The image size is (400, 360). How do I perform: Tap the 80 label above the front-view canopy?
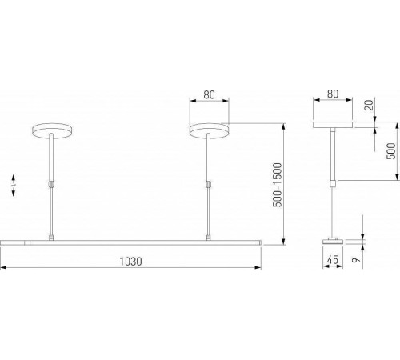tap(209, 94)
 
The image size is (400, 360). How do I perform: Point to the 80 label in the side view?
tap(334, 94)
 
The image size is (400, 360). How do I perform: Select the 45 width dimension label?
tap(332, 262)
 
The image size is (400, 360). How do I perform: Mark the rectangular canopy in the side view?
tap(334, 126)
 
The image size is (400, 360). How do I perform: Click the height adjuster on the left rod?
tap(51, 185)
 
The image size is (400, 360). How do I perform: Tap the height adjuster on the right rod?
tap(209, 185)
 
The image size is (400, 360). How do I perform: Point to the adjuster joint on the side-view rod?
tap(334, 185)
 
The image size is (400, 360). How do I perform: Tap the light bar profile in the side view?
tap(333, 239)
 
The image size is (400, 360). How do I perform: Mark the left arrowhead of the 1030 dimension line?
tap(3, 266)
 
